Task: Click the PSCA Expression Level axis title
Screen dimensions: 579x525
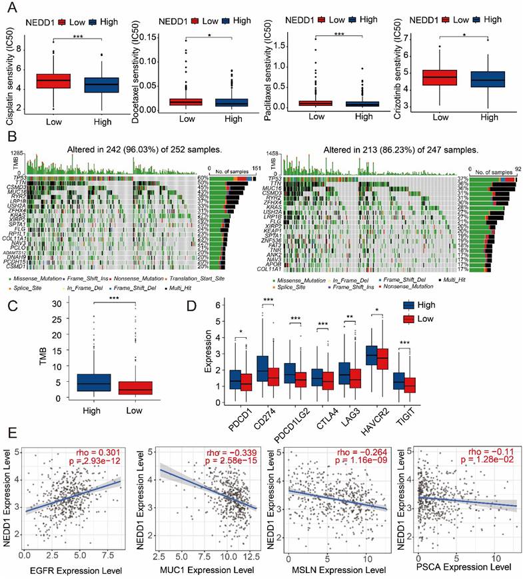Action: pyautogui.click(x=462, y=568)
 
